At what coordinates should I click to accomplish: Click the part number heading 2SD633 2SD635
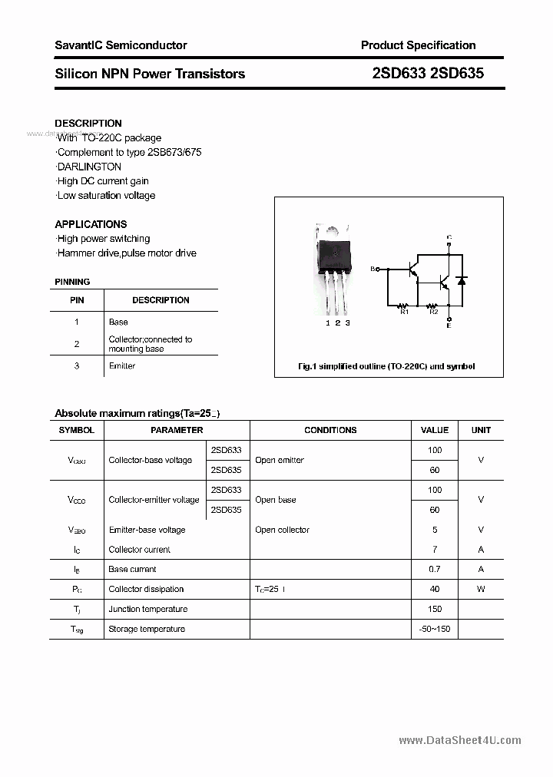(427, 74)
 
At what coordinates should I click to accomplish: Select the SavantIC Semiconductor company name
(121, 45)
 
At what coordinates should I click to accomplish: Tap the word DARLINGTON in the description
(89, 167)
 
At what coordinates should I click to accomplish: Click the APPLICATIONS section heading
(91, 224)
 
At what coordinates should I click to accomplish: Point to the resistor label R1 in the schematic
(404, 312)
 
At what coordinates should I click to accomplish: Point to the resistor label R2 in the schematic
(433, 312)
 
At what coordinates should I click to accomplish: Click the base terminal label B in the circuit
(373, 269)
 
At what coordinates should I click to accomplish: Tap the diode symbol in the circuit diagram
(461, 281)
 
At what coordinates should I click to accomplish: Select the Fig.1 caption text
(386, 366)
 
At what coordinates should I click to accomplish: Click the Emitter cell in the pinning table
(122, 366)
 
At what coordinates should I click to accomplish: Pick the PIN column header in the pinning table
(77, 300)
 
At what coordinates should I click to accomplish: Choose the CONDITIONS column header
(330, 430)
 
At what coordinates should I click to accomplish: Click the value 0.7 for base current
(434, 570)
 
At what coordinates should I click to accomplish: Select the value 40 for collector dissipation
(434, 590)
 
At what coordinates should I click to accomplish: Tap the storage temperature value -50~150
(434, 630)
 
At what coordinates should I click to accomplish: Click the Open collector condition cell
(282, 530)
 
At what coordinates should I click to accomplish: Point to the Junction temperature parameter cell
(147, 610)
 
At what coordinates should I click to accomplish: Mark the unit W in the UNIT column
(481, 590)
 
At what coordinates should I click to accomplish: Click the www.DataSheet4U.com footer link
(460, 740)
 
